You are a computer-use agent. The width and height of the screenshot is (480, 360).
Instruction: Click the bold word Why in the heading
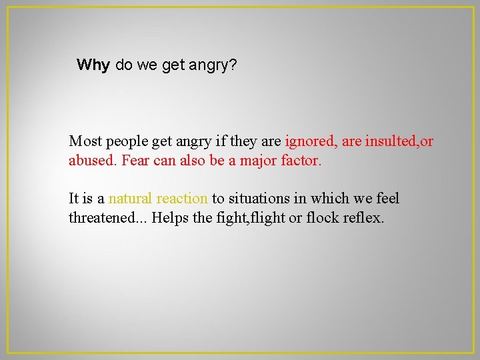(93, 65)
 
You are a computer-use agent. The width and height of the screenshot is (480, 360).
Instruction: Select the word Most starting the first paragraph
(85, 141)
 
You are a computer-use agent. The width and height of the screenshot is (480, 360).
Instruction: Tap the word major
(258, 161)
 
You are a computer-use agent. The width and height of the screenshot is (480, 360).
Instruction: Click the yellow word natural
(130, 199)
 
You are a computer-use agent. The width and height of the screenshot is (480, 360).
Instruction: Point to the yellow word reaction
(182, 199)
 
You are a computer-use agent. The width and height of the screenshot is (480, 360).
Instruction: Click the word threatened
(107, 218)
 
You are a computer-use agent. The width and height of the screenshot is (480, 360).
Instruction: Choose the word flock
(323, 218)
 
